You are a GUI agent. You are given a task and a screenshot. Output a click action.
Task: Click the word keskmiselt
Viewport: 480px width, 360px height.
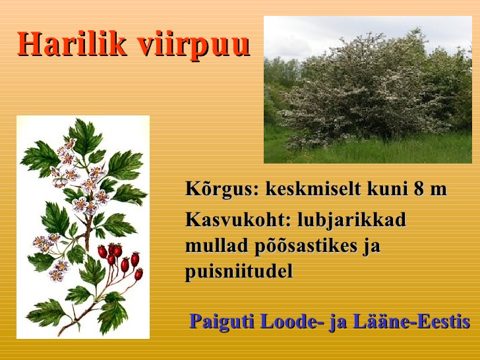(x=313, y=189)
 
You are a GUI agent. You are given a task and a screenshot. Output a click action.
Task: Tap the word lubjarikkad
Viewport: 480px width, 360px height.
(x=352, y=220)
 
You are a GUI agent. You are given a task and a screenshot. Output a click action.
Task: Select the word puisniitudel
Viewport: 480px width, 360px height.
(x=239, y=272)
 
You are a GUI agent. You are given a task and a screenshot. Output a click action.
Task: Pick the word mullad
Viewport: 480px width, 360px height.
(x=217, y=245)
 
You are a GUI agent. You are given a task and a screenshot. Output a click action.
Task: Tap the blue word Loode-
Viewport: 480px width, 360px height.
(x=292, y=321)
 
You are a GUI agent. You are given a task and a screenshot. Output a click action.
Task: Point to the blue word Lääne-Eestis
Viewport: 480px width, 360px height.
(x=411, y=321)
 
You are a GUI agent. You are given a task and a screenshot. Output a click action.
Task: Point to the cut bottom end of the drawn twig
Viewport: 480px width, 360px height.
(x=59, y=334)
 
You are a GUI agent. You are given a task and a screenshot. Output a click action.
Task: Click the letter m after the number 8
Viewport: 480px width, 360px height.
(x=438, y=191)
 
